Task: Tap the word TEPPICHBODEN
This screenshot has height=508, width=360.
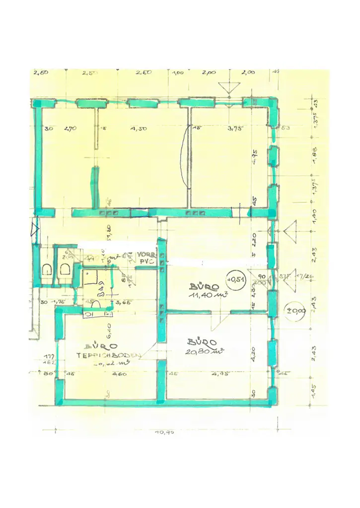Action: [x=109, y=355]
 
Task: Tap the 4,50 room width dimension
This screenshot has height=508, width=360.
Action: [x=140, y=128]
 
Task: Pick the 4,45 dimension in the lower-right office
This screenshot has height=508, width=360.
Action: [x=219, y=374]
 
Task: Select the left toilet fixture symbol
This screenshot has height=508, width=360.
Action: [x=47, y=270]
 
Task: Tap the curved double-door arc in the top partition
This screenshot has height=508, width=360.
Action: [x=185, y=155]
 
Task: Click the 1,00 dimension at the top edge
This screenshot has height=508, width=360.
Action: [x=177, y=72]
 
